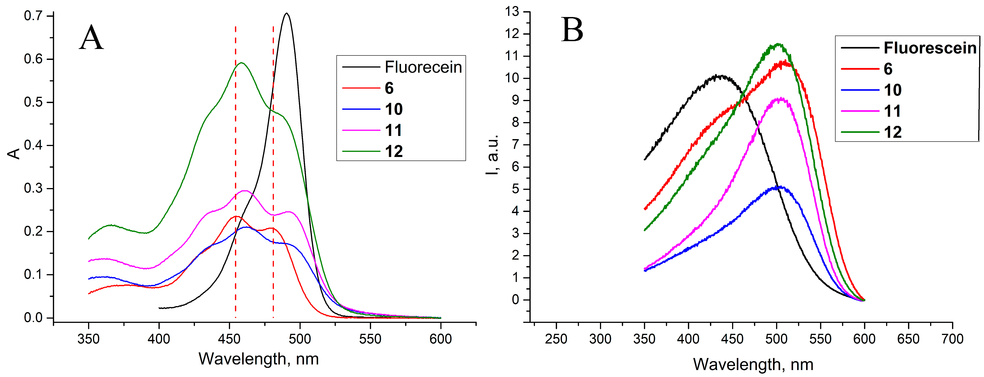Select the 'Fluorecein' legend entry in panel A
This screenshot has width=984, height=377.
click(423, 67)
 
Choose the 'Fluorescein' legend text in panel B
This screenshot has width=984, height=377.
click(930, 48)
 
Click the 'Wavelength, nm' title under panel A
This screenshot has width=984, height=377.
click(259, 359)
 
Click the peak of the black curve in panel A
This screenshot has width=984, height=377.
click(287, 13)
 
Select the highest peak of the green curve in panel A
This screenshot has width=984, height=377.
click(241, 63)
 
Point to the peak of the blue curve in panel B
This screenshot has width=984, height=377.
click(777, 187)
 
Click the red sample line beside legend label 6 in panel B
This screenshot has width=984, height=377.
click(859, 69)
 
